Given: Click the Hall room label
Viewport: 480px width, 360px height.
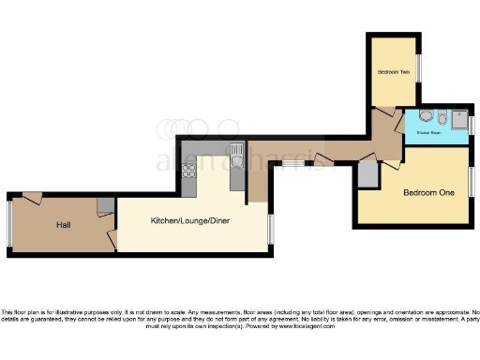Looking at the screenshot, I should pos(63,225).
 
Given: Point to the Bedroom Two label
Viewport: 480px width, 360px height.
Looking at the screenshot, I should pos(394,72).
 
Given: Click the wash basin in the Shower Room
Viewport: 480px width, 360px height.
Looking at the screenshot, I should pos(427,117).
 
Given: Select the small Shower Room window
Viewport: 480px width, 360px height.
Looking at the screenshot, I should pos(471,124).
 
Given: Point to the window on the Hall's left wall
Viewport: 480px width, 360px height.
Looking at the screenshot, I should pos(9,225).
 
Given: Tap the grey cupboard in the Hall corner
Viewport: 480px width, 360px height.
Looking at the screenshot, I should pos(105,205).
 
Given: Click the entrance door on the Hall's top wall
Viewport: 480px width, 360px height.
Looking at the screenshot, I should pos(33,197).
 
